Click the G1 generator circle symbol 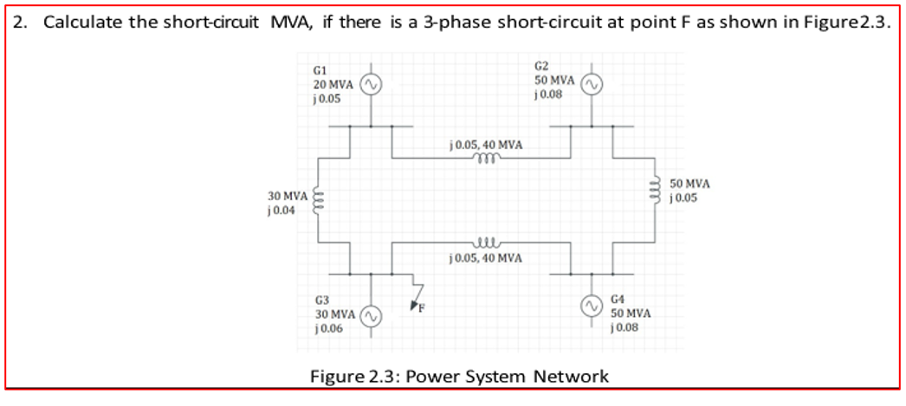[371, 83]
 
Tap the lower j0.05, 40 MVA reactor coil [483, 245]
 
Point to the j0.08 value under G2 [550, 95]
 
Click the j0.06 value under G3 [328, 328]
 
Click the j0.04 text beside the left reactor [282, 211]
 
